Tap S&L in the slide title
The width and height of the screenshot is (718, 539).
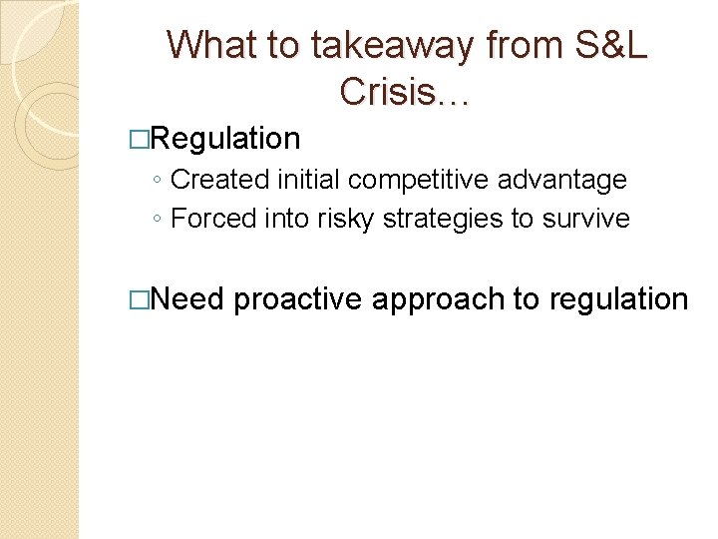[610, 46]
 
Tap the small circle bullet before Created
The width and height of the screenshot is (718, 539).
[160, 182]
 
